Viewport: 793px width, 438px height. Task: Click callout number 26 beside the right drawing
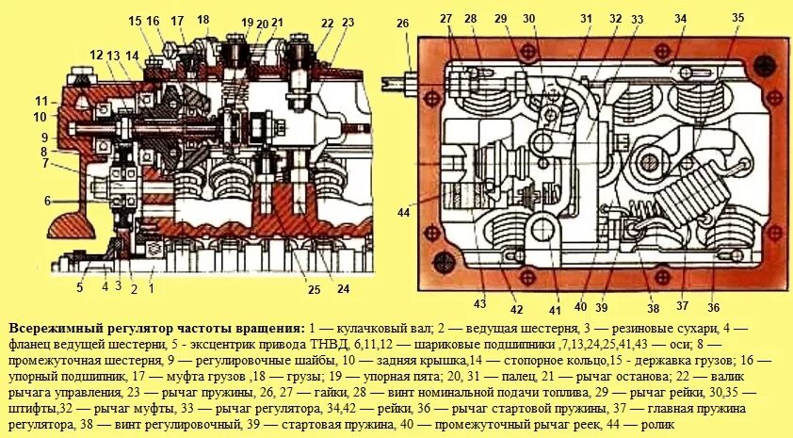tap(403, 24)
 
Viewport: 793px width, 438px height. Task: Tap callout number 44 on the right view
tap(404, 213)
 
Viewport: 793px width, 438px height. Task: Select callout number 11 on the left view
tap(41, 101)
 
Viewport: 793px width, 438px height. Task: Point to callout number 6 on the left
tap(45, 200)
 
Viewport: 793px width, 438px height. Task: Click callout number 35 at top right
tap(737, 18)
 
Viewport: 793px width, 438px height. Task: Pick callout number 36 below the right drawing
tap(713, 306)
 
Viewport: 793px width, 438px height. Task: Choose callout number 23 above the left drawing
tap(348, 22)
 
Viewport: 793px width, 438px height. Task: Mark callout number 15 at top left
tap(135, 21)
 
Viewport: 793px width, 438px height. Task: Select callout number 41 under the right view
tap(555, 308)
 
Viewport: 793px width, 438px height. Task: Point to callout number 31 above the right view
tap(586, 18)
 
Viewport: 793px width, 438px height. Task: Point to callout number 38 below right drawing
tap(653, 306)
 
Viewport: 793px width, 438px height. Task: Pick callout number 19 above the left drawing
tap(247, 23)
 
